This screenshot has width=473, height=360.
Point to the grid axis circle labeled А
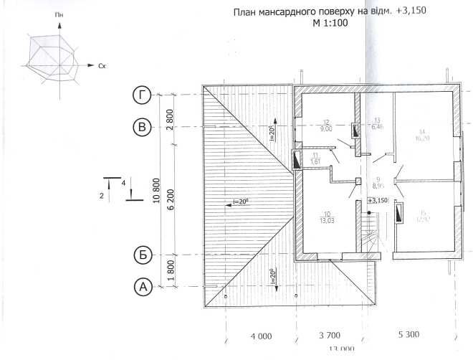click(143, 287)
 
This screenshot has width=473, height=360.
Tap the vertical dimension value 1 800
click(170, 271)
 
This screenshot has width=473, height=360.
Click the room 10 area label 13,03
click(328, 220)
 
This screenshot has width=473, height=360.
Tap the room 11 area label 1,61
click(315, 163)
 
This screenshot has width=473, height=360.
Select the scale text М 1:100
click(331, 24)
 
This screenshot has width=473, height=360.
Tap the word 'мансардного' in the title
click(286, 12)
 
